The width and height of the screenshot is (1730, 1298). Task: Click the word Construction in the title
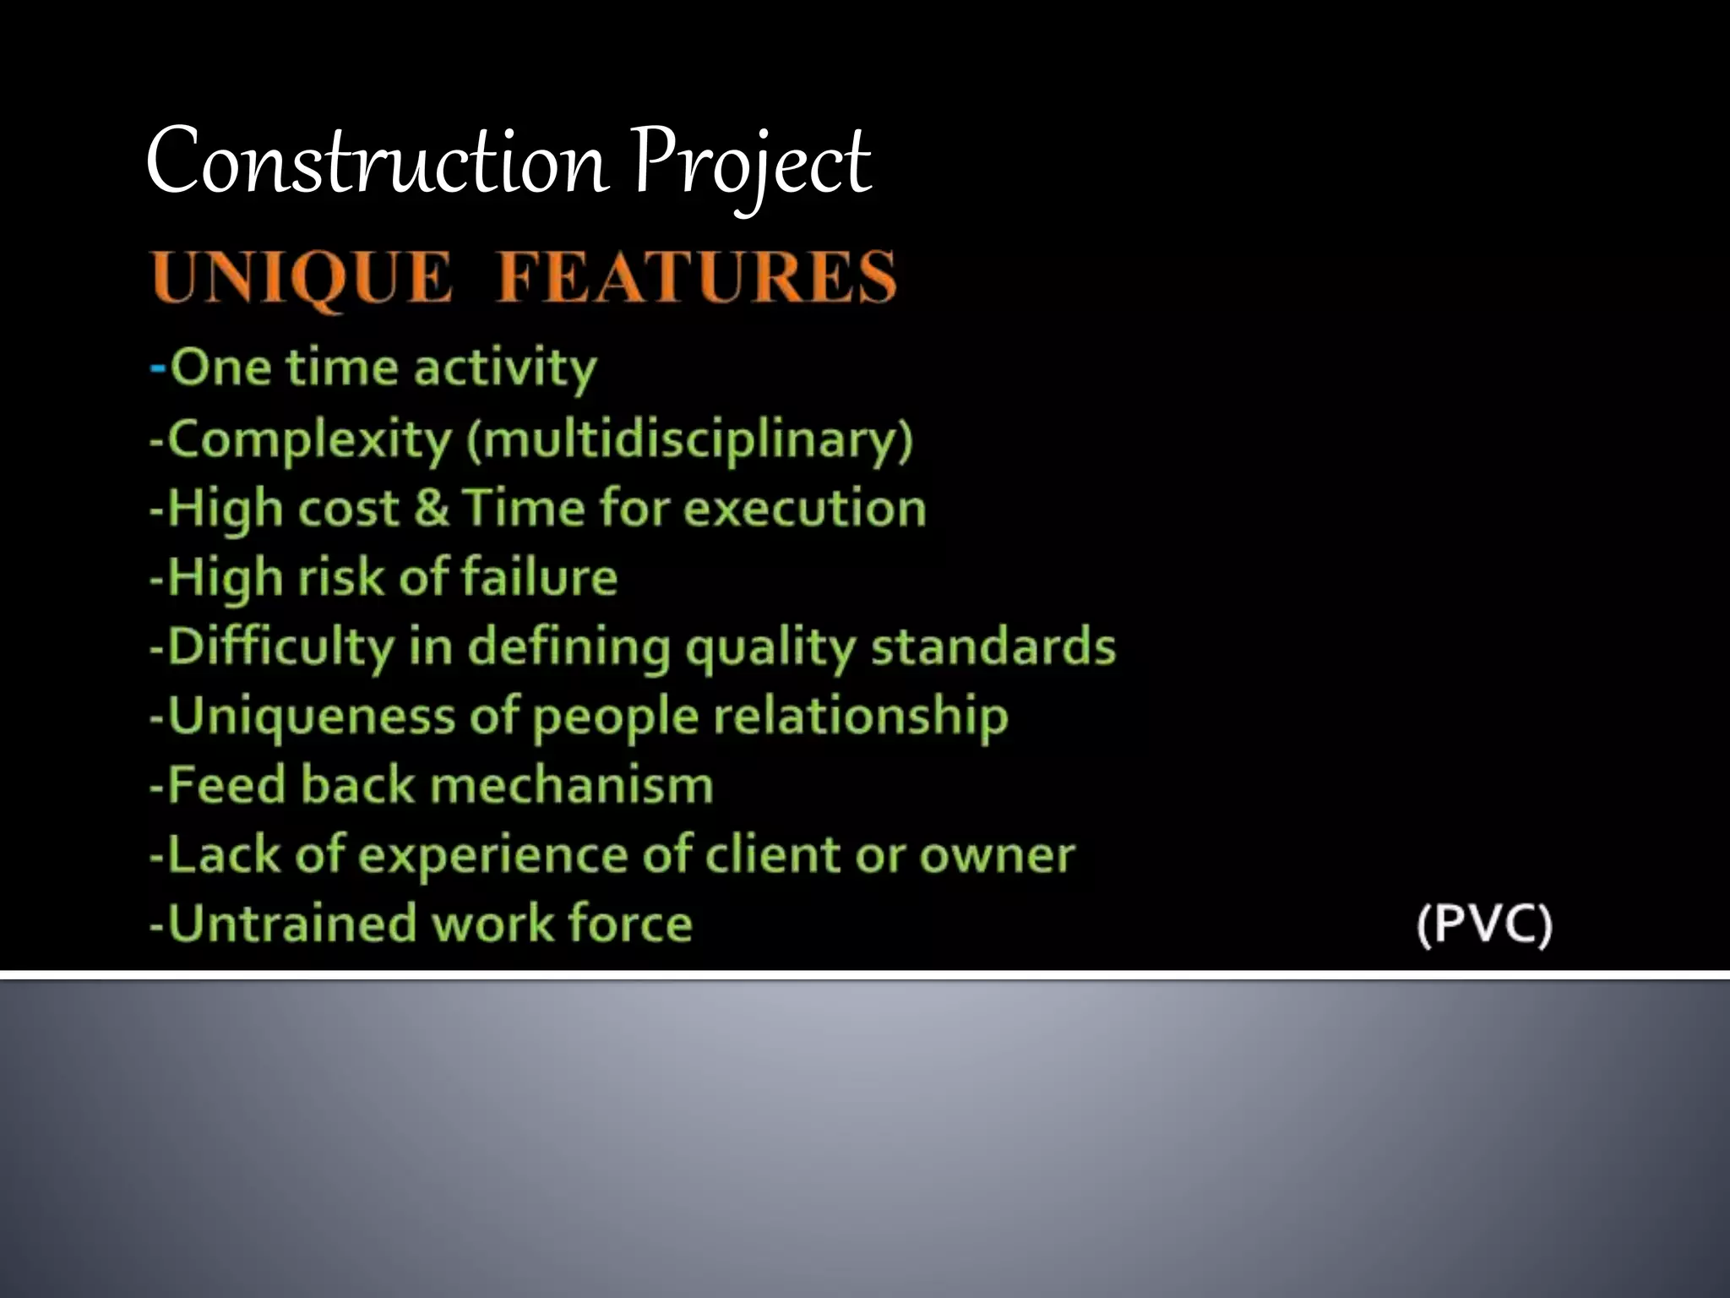pyautogui.click(x=377, y=161)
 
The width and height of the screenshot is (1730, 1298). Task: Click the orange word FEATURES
pyautogui.click(x=696, y=277)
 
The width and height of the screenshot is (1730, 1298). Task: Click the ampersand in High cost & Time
pyautogui.click(x=431, y=509)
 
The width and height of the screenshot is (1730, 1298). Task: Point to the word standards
pyautogui.click(x=993, y=647)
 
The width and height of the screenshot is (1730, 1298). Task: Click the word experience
pyautogui.click(x=495, y=855)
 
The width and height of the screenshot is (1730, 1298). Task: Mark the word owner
pyautogui.click(x=997, y=855)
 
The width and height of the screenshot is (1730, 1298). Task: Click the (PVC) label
pyautogui.click(x=1484, y=924)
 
